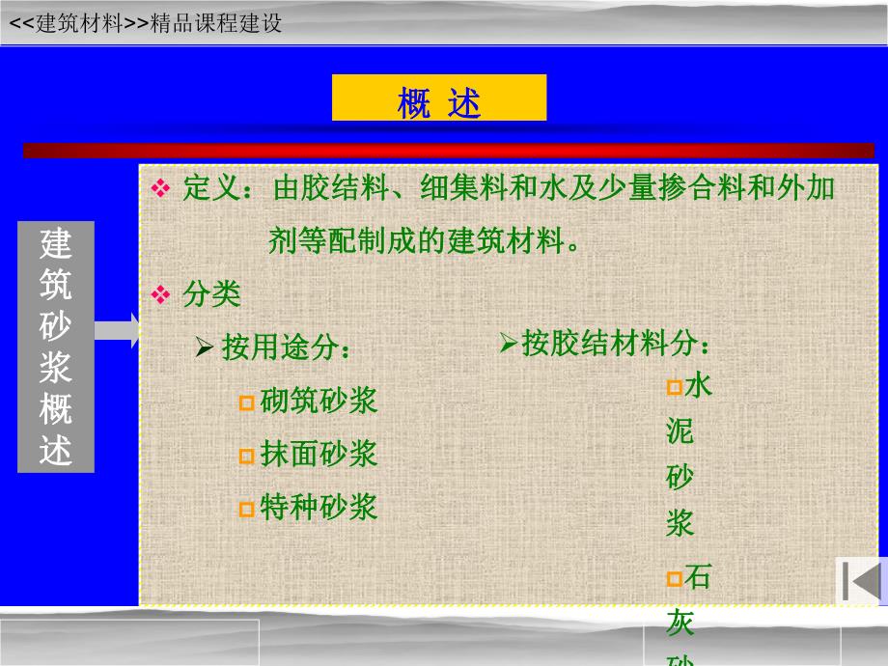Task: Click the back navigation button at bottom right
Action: point(860,581)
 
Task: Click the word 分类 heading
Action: point(211,294)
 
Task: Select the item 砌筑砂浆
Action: point(319,401)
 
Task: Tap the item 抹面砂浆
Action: point(319,454)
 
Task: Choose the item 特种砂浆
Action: point(319,507)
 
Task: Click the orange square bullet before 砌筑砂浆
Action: point(247,402)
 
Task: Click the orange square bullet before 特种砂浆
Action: point(247,509)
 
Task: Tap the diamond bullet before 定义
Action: point(160,188)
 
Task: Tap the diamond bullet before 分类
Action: point(160,294)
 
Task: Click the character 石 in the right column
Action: point(698,578)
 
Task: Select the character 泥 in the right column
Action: point(680,431)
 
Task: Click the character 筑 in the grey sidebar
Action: point(56,286)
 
